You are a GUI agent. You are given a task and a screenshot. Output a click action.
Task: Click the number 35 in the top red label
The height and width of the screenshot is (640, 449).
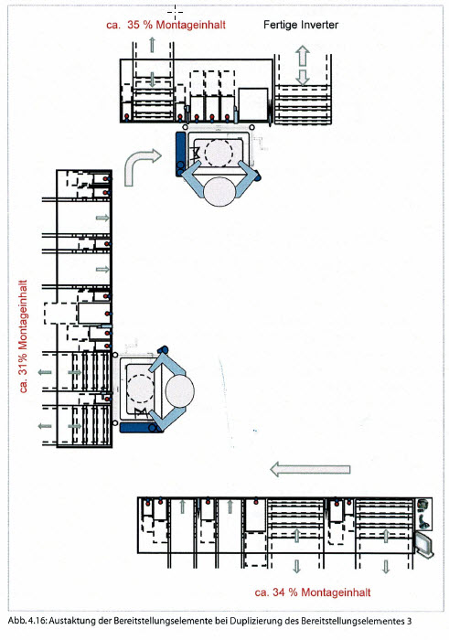tap(134, 25)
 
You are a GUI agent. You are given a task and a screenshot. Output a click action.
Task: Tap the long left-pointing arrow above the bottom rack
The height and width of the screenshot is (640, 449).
tap(310, 469)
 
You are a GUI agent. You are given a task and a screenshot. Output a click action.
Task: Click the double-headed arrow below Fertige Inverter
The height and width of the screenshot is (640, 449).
tap(303, 65)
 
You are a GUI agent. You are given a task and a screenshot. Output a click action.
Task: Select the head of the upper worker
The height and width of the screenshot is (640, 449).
tap(219, 191)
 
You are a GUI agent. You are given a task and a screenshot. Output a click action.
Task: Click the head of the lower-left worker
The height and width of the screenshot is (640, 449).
tap(180, 390)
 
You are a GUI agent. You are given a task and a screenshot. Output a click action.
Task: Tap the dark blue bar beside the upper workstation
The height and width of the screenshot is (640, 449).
tap(180, 154)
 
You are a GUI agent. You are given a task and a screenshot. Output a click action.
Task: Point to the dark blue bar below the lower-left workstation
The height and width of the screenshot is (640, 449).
tap(140, 427)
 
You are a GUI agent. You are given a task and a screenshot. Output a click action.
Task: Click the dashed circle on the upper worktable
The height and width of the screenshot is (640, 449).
tap(219, 153)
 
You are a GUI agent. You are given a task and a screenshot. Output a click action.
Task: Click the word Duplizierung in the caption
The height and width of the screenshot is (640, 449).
tap(255, 622)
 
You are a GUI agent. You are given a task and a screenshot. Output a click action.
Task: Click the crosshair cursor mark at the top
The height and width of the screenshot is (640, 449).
tap(175, 13)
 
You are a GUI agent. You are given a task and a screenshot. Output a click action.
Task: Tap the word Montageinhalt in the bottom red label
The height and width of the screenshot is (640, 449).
tap(336, 592)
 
